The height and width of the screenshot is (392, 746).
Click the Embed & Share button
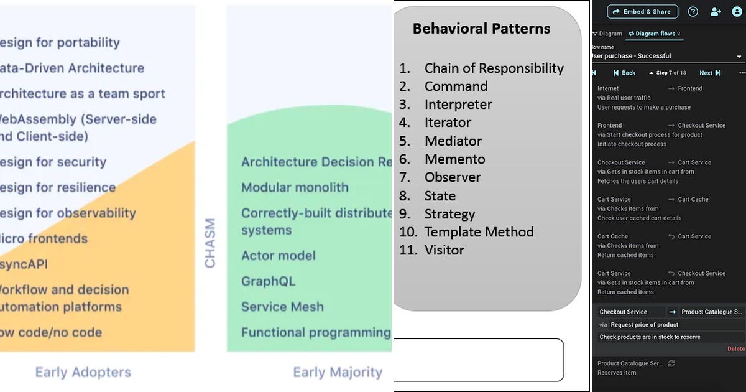(x=643, y=11)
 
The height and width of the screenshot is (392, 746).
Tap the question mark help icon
(x=693, y=11)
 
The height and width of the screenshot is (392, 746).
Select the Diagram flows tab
(x=654, y=34)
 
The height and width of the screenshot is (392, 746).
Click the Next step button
(x=709, y=73)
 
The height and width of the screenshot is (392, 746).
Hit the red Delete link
(x=735, y=349)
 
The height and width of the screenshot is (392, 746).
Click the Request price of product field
(x=644, y=325)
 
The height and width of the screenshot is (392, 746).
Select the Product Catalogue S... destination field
(x=711, y=312)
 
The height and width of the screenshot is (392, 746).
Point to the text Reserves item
(x=617, y=373)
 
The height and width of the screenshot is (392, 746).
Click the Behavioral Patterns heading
(x=481, y=29)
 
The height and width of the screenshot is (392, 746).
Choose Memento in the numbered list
(x=454, y=159)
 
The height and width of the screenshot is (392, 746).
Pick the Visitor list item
(x=444, y=250)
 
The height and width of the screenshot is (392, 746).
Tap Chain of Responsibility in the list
(x=494, y=68)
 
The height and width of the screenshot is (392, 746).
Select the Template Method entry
(x=479, y=232)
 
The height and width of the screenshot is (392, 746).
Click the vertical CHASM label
(x=210, y=243)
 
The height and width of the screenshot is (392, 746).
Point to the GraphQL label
(x=268, y=281)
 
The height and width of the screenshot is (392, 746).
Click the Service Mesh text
(x=282, y=307)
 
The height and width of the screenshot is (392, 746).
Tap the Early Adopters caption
(x=83, y=373)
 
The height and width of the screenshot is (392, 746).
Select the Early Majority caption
(x=338, y=373)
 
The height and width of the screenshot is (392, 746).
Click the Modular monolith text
(x=295, y=187)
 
